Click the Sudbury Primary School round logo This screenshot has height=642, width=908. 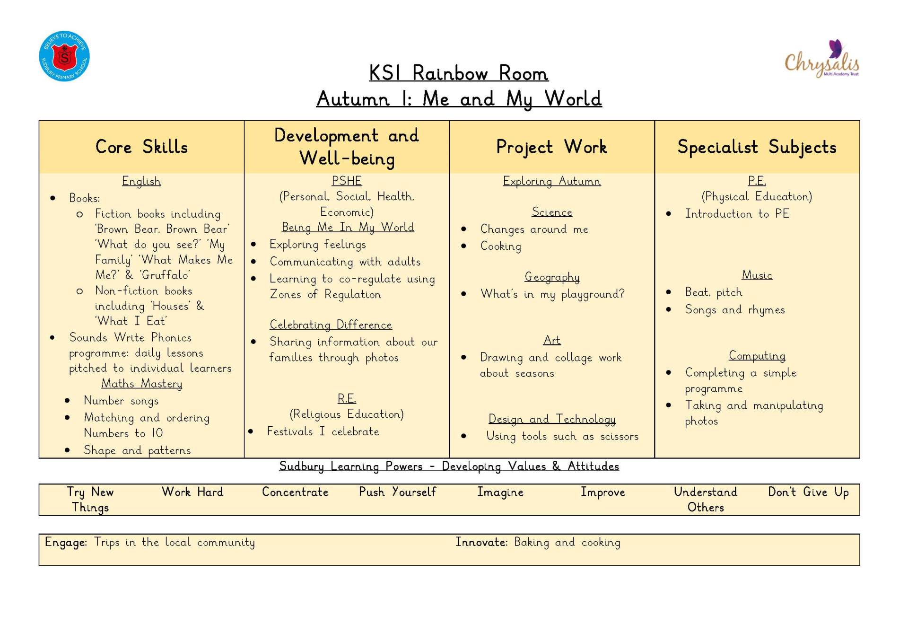(x=64, y=56)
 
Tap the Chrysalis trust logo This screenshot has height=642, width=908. (x=822, y=59)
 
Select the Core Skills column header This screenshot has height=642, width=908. (x=141, y=147)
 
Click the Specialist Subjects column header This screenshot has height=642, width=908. (x=757, y=147)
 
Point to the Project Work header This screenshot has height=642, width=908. (x=551, y=147)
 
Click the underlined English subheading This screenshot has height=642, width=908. (x=141, y=181)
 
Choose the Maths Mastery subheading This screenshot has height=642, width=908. (x=141, y=384)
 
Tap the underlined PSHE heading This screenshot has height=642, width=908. (x=347, y=181)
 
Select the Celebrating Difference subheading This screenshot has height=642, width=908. (x=331, y=325)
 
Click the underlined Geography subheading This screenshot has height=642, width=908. (x=552, y=277)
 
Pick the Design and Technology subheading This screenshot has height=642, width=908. (x=552, y=419)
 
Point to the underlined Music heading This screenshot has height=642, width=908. (x=757, y=275)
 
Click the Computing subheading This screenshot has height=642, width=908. (x=757, y=356)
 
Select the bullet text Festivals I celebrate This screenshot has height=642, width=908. (x=323, y=431)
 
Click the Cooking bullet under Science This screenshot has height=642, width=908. (x=501, y=246)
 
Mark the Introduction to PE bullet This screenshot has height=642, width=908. (x=737, y=214)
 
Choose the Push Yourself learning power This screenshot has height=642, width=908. (x=397, y=492)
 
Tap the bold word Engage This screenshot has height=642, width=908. (x=66, y=543)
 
